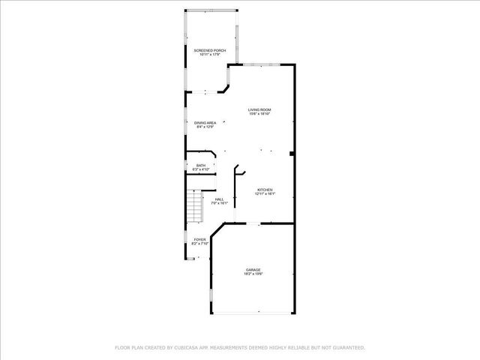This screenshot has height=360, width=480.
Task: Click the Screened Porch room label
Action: tap(210, 50)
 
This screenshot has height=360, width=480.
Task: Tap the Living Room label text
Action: tap(259, 110)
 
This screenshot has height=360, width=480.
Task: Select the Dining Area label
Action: tap(205, 123)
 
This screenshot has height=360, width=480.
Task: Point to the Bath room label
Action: tap(200, 165)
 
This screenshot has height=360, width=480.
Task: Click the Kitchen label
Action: tap(265, 189)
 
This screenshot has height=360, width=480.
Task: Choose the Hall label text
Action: tap(219, 199)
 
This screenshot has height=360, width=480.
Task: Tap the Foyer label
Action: tap(199, 239)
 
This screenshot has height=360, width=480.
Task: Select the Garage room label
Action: tap(253, 269)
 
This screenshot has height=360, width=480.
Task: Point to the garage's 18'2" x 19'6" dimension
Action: tap(253, 274)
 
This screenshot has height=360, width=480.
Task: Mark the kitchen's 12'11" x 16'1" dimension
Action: tap(265, 193)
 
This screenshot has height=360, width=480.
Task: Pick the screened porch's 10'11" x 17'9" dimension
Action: tap(210, 55)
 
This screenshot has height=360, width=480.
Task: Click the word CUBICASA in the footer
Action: tap(186, 347)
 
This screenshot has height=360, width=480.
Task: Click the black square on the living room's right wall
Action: tap(292, 155)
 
